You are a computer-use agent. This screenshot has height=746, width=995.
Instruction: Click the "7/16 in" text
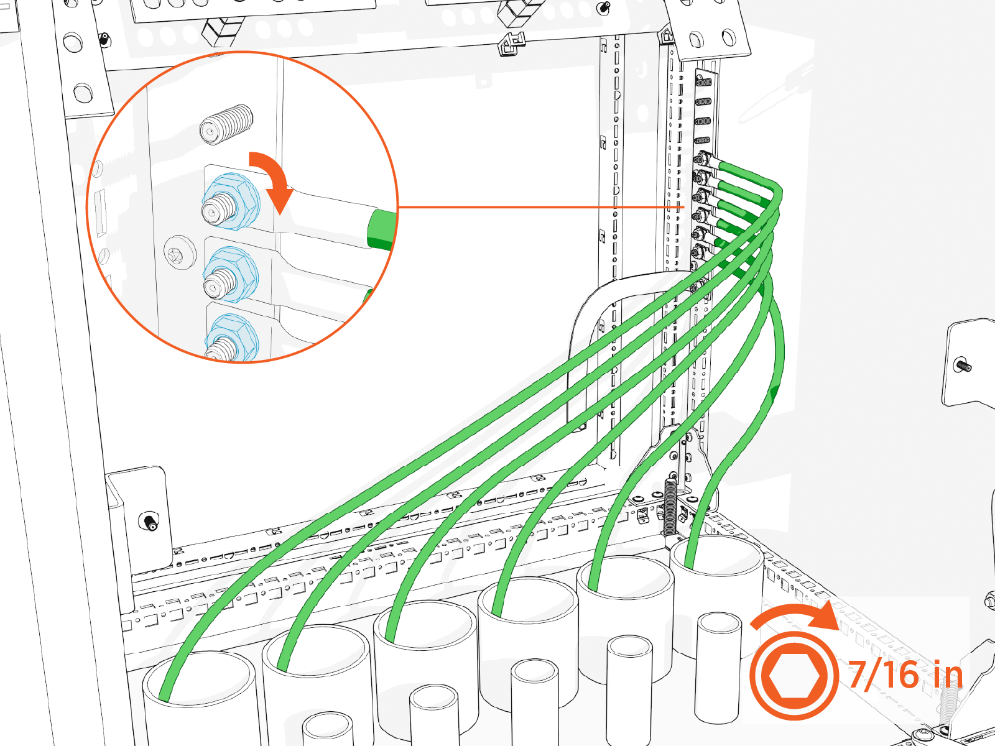905,676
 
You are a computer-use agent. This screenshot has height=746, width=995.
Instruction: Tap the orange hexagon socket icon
794,676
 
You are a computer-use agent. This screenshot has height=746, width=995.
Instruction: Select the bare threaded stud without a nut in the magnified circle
226,124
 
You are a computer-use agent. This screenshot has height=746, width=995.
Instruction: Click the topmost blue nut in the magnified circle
230,201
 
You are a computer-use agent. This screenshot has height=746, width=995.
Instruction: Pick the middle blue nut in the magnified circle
231,275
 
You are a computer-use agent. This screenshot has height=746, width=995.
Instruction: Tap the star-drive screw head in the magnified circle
180,252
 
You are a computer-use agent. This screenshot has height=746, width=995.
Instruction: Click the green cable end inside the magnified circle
382,229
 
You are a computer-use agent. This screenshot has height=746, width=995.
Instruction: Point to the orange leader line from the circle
541,207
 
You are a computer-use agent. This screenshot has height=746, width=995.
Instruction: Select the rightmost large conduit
716,593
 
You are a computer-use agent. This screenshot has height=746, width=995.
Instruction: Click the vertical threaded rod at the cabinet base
670,507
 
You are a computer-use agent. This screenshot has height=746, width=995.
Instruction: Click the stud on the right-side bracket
963,365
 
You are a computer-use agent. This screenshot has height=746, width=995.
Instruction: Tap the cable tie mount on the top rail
511,44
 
